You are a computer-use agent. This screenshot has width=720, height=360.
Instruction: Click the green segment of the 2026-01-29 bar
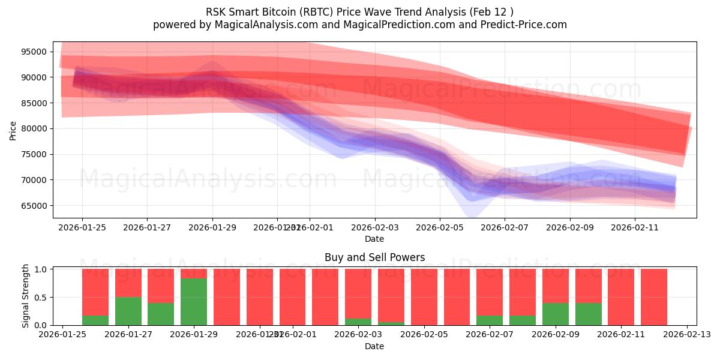[x=194, y=302]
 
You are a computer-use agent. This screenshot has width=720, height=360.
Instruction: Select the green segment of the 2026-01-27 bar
[x=128, y=311]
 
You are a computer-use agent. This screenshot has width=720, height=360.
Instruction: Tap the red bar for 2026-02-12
[x=653, y=297]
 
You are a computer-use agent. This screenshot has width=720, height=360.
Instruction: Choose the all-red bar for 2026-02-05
[x=424, y=297]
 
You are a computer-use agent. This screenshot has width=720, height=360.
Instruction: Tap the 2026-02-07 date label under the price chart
[x=504, y=228]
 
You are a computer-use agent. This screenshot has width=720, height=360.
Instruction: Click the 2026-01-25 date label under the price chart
[x=82, y=228]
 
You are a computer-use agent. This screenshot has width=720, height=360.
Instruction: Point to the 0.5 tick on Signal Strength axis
[x=41, y=298]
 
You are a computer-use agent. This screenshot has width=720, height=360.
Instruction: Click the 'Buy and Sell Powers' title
[x=374, y=257]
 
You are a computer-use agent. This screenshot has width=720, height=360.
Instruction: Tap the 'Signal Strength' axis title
[x=25, y=296]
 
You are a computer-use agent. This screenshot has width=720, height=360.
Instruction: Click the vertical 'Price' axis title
[x=13, y=130]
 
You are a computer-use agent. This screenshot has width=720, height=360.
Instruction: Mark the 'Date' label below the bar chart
[x=374, y=346]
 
